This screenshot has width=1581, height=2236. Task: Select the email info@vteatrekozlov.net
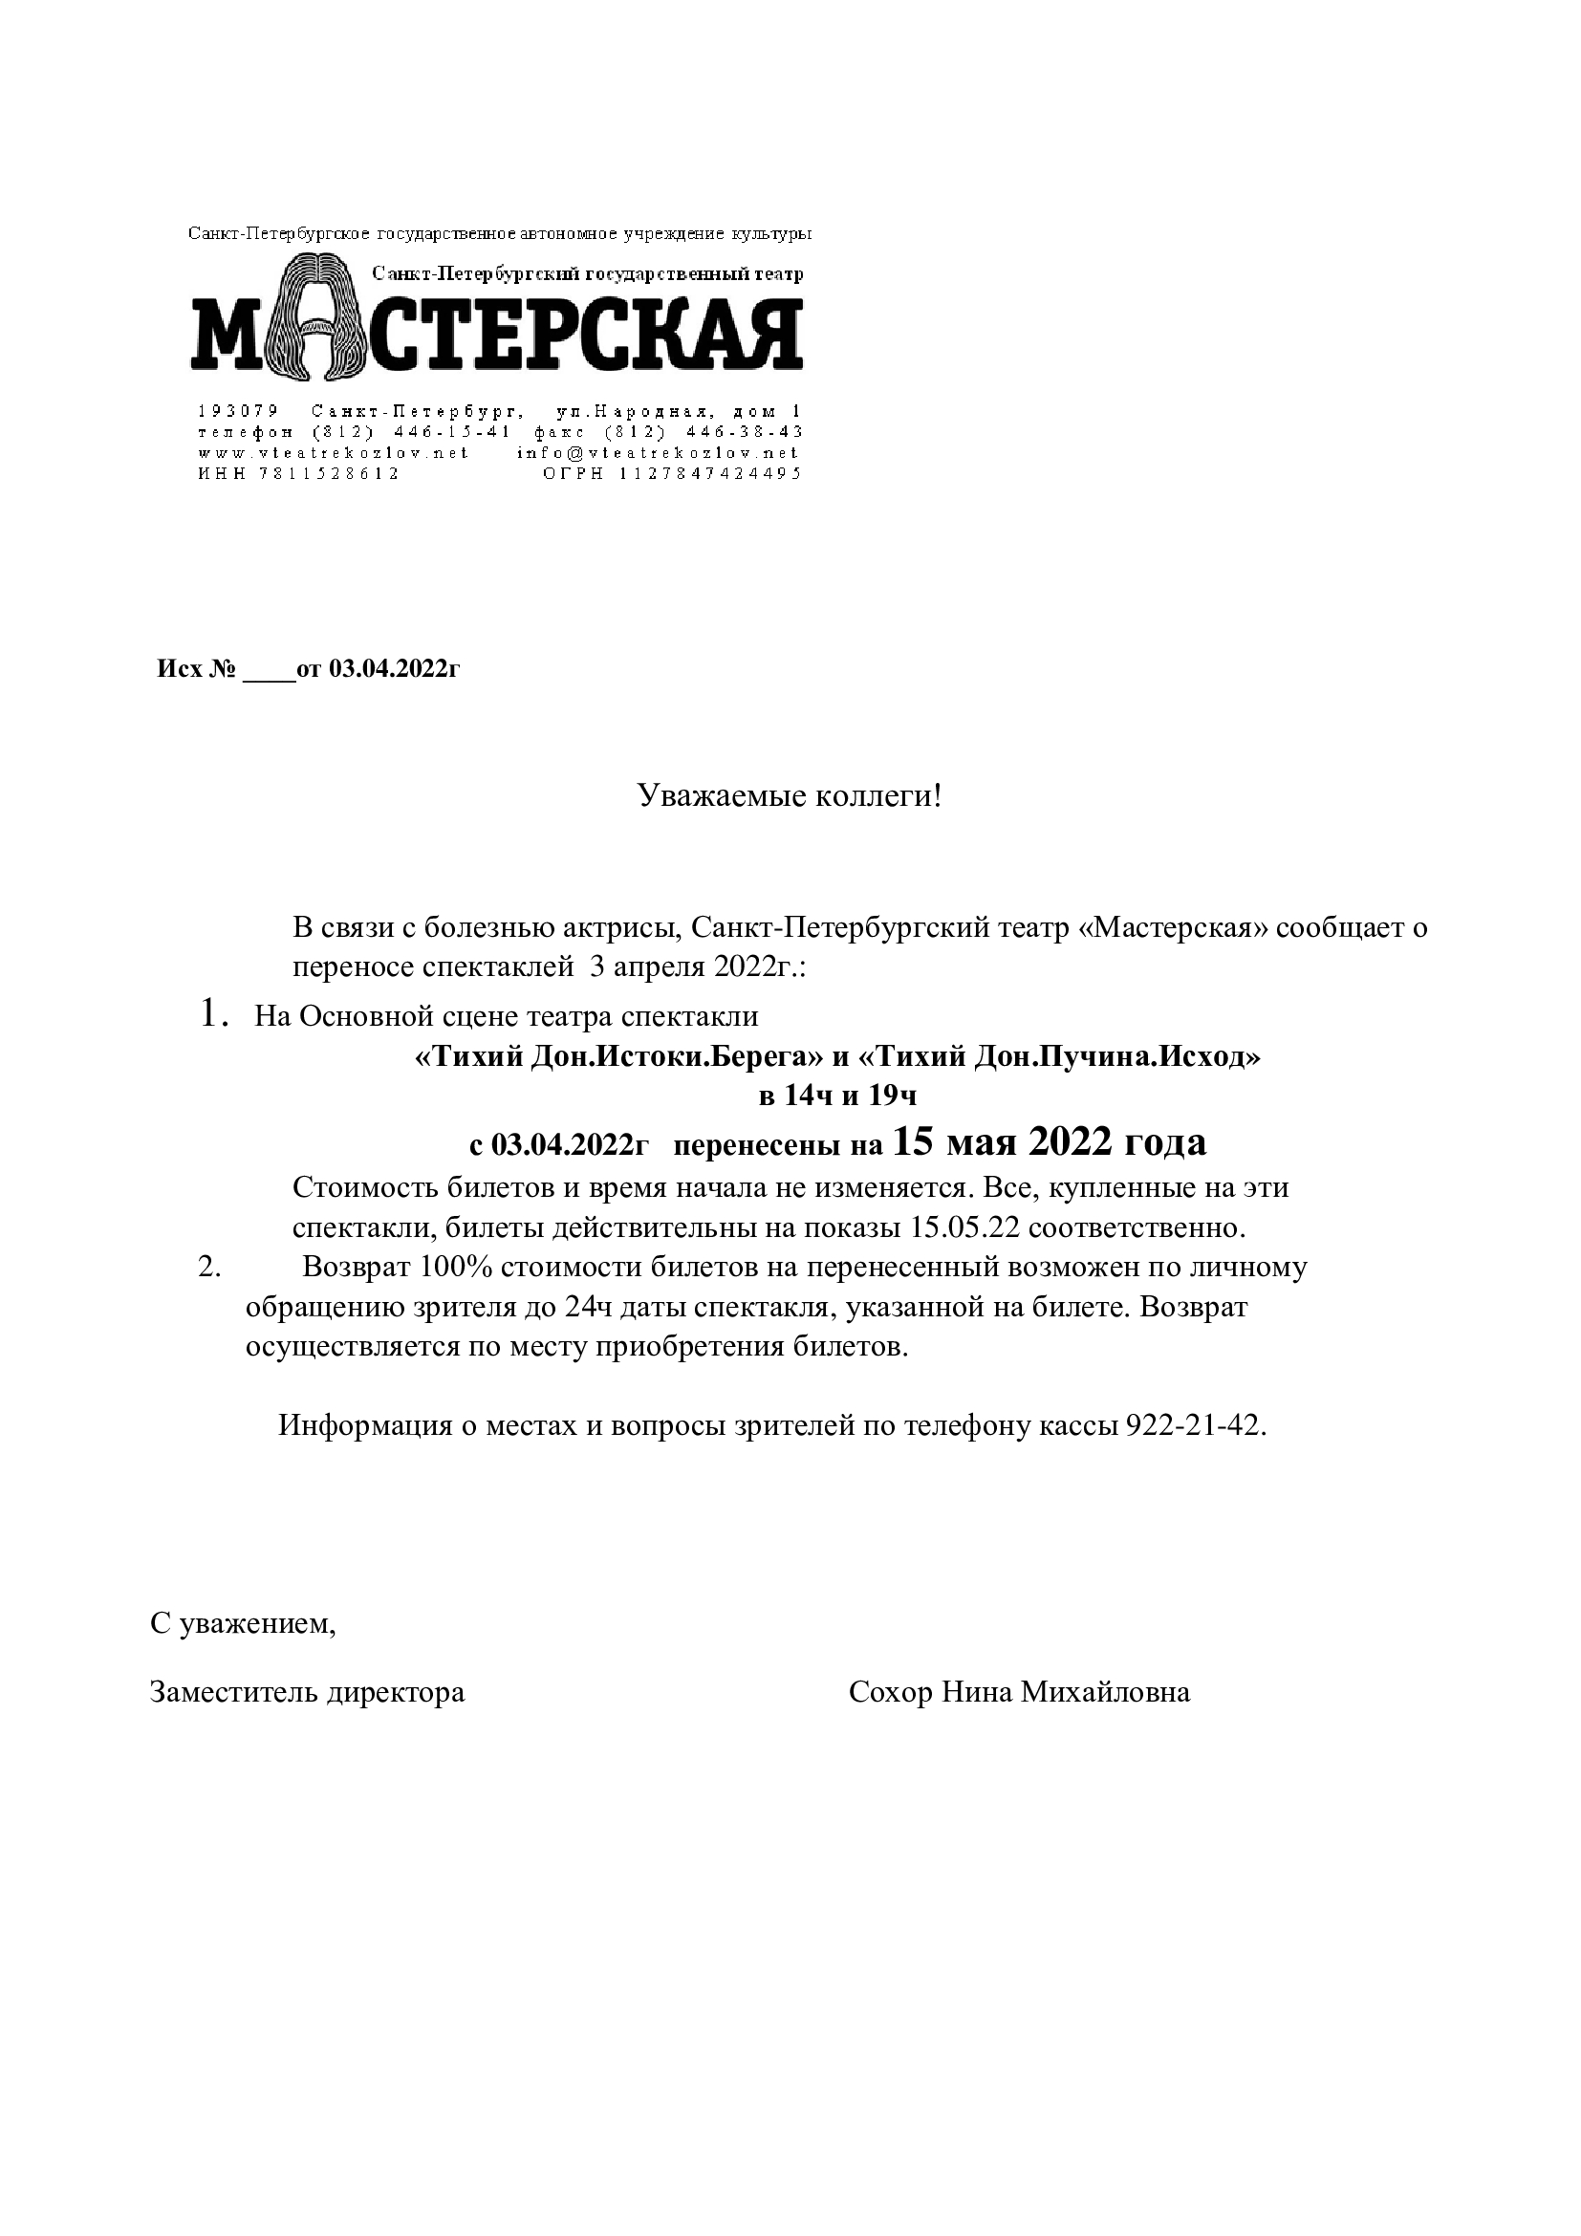point(657,453)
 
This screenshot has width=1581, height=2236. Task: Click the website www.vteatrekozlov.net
point(333,453)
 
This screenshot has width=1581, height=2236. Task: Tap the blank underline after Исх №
point(269,669)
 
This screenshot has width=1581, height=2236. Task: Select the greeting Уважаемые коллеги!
point(790,796)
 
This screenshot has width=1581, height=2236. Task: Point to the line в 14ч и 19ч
point(838,1096)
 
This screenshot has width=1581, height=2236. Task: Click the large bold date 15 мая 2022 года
point(1049,1141)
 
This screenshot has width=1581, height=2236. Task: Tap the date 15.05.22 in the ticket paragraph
point(964,1227)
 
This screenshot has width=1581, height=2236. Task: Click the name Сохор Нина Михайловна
point(1019,1692)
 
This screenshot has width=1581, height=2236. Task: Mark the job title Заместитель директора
point(308,1692)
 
